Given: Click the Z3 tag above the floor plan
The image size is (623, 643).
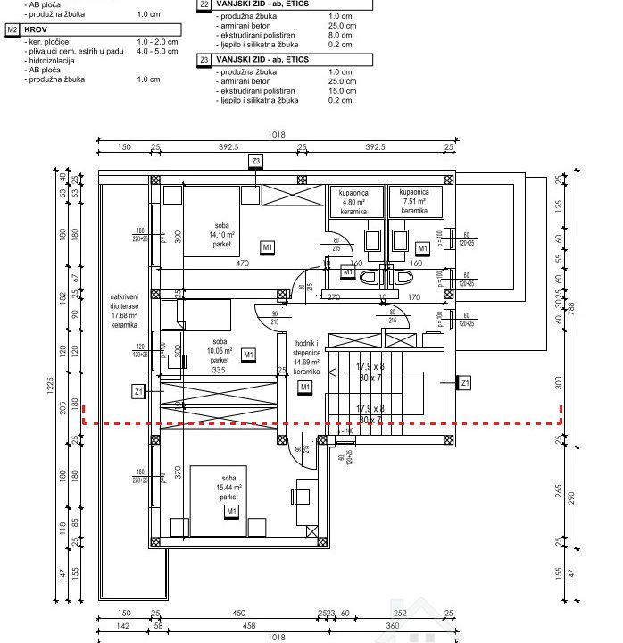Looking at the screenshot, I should [x=256, y=161].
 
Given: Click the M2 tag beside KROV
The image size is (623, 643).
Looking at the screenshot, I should [x=12, y=29].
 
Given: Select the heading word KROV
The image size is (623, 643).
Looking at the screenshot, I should [x=37, y=29].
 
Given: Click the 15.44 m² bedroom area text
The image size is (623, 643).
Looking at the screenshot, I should [x=230, y=487].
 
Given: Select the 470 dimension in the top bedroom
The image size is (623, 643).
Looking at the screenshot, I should [x=242, y=263].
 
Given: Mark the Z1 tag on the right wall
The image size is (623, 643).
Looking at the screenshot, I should [x=463, y=383].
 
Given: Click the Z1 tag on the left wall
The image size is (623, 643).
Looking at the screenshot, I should [x=137, y=390].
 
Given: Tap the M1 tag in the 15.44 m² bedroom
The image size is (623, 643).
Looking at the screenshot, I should [x=231, y=511].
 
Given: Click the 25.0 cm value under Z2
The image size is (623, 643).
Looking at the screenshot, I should [x=341, y=27].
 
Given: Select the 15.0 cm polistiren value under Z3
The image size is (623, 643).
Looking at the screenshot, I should [x=341, y=91].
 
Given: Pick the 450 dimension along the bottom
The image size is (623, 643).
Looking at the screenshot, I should [x=238, y=613].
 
